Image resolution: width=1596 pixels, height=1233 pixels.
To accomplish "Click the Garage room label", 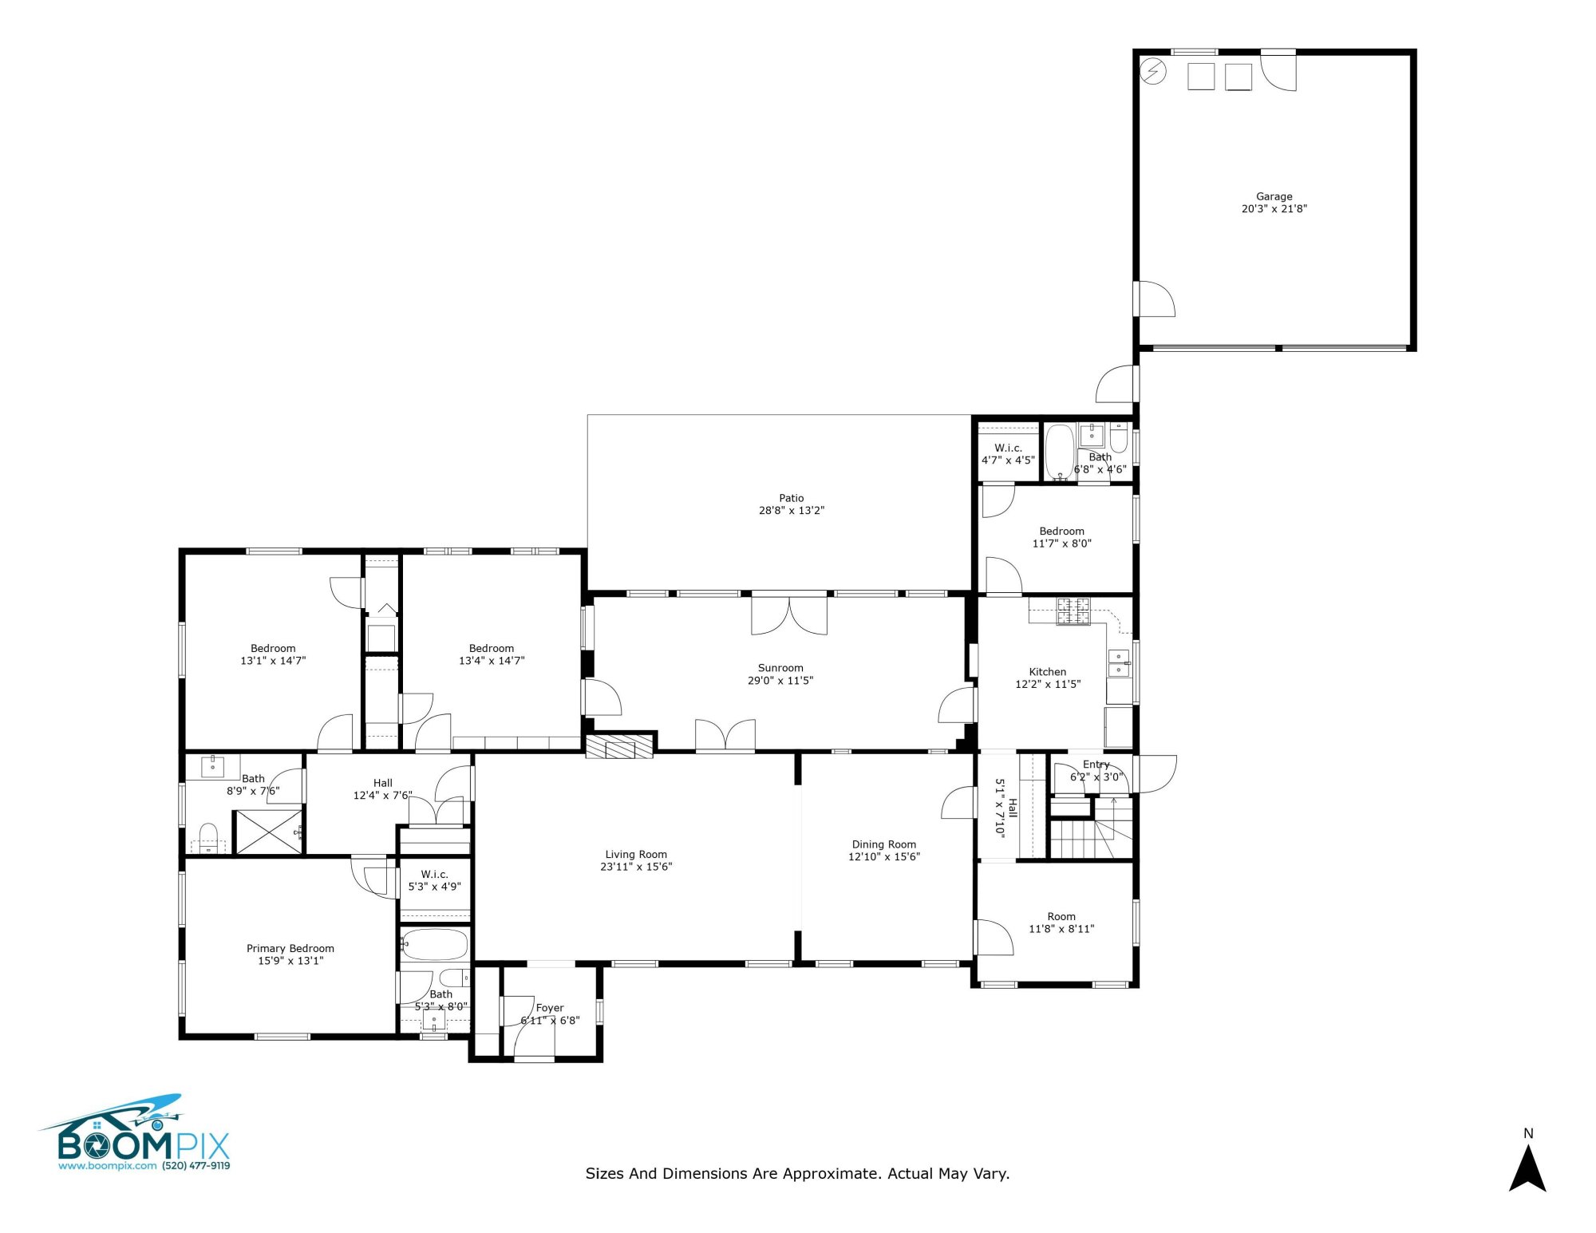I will tap(1274, 196).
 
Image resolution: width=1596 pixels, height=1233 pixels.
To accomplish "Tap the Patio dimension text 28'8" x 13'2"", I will tap(791, 511).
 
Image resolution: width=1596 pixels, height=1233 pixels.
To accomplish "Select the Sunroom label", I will tap(780, 668).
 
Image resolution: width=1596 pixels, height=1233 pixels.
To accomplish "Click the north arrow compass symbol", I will tap(1527, 1167).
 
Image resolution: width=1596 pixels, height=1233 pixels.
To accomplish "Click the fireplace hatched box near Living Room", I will tap(619, 746).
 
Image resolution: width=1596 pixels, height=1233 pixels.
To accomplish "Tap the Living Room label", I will tap(635, 854).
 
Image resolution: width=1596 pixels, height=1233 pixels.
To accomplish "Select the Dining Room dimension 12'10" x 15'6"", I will tap(883, 857).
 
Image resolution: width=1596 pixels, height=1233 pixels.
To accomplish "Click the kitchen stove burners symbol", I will tap(1073, 611).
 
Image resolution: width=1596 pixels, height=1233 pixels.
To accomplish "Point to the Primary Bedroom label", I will tap(290, 948).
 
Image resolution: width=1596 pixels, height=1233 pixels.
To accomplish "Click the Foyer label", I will tap(550, 1008).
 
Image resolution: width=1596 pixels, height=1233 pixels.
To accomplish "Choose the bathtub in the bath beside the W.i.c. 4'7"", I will tap(1060, 452).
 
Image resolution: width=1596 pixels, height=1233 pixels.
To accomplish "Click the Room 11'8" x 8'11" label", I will tap(1061, 916).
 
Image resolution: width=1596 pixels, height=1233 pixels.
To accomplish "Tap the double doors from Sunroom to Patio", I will tap(789, 615).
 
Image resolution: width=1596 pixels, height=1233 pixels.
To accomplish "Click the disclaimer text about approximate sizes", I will tap(797, 1173).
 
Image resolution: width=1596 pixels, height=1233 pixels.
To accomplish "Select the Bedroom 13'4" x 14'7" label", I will tap(491, 648).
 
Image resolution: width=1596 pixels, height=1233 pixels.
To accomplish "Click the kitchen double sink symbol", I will tap(1119, 662).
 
